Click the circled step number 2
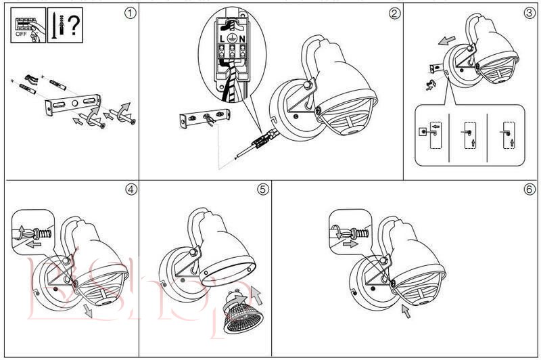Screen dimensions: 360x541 point(394,13)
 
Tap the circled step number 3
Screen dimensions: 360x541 point(529,13)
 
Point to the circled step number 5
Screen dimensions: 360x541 point(262,189)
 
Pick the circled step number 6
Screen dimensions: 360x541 point(529,189)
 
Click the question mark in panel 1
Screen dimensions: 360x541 point(74,24)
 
